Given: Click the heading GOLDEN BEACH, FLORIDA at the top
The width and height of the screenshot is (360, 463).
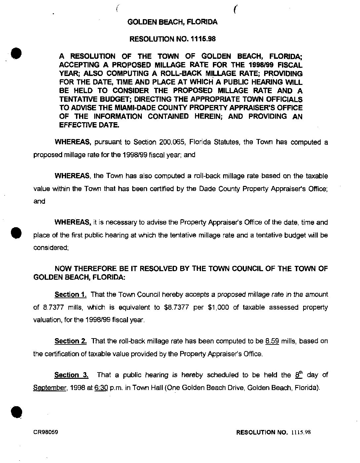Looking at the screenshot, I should pos(172,22).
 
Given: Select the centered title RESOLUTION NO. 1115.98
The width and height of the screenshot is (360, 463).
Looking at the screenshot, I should pos(172,39).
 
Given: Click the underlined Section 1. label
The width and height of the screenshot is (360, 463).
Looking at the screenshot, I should pos(71,295).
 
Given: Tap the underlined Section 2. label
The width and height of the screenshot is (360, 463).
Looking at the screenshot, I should pos(71,341).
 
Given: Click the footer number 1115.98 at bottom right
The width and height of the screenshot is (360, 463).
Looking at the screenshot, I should pos(301,432).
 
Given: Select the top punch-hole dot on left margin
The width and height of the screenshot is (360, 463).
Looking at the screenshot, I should pos(17,53).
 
